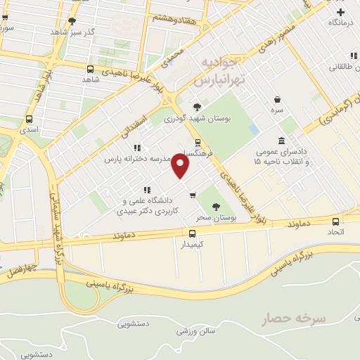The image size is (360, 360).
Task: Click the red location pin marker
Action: coord(181,167)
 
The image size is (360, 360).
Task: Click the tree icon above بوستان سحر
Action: coord(216,207)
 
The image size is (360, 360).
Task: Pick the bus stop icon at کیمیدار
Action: coord(192,233)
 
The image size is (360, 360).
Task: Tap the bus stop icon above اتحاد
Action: coord(332,219)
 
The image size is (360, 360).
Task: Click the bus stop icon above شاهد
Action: coord(90,69)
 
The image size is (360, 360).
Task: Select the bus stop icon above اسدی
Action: coord(29,119)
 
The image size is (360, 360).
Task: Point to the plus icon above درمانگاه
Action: coord(341,12)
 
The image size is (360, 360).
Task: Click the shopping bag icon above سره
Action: coord(278,100)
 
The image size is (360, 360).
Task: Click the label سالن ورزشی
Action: coord(193,330)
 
